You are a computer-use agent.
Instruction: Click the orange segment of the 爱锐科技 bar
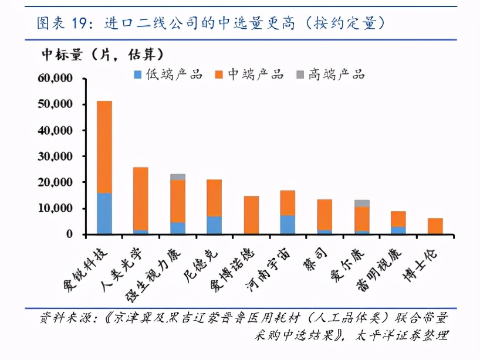click(104, 147)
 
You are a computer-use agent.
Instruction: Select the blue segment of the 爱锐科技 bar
click(104, 213)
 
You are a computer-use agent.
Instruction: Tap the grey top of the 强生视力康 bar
click(178, 176)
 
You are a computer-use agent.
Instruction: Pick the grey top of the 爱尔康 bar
click(361, 203)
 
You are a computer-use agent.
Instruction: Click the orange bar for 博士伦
click(435, 226)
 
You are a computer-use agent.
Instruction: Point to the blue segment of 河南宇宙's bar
click(288, 225)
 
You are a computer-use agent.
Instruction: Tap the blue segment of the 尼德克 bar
click(214, 225)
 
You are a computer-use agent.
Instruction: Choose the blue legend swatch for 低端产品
click(138, 74)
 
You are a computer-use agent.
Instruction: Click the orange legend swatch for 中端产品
click(219, 74)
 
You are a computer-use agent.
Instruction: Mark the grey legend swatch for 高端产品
click(300, 74)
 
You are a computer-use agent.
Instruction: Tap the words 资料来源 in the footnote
click(62, 319)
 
